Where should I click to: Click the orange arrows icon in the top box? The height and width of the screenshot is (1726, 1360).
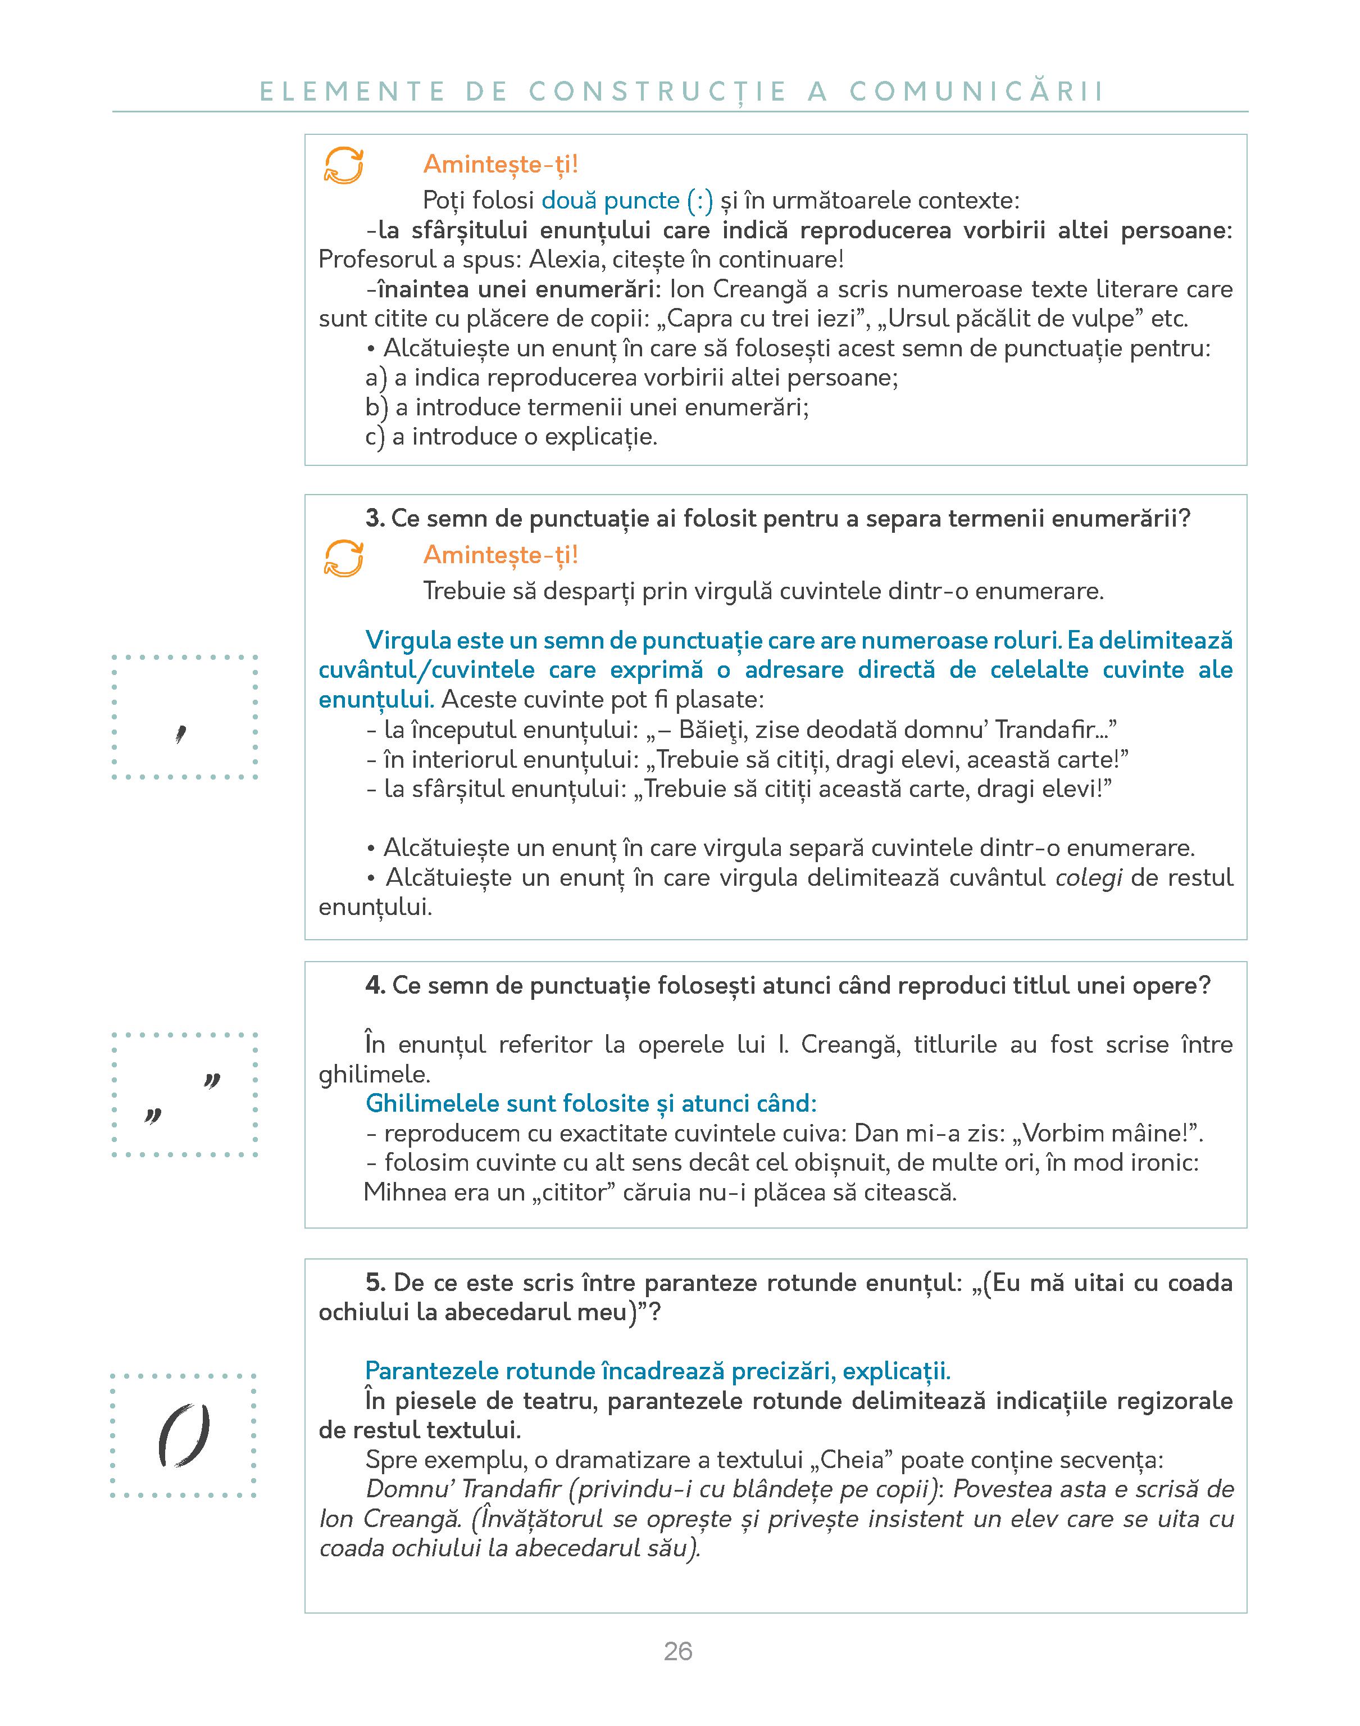tap(344, 166)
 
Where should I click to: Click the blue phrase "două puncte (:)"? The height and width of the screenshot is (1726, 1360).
tap(627, 201)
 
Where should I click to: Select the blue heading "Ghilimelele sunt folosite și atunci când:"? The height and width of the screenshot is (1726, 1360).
tap(591, 1104)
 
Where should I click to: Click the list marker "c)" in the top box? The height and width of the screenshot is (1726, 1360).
tap(375, 437)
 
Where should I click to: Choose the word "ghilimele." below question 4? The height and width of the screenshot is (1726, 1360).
tap(374, 1075)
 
